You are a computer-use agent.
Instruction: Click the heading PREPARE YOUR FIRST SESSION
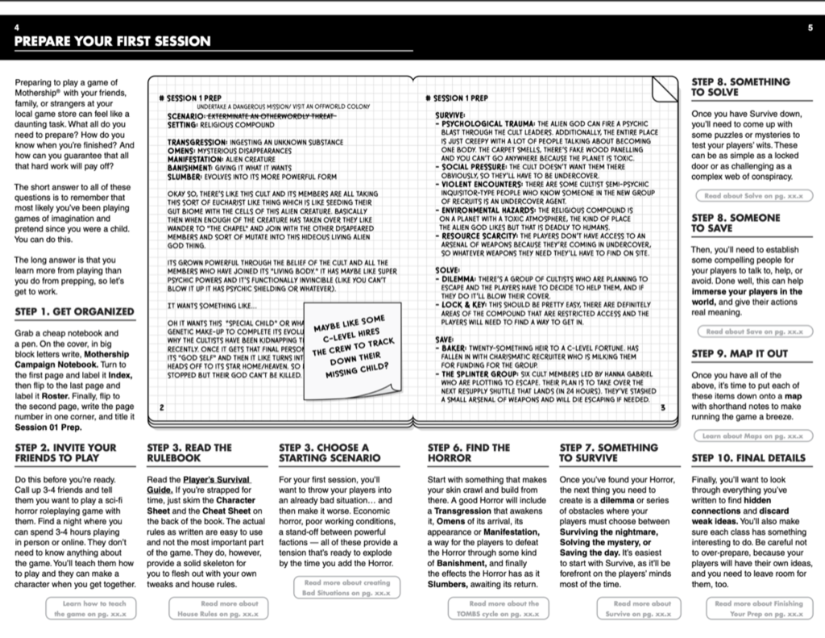point(113,41)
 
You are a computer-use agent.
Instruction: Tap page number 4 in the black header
point(17,27)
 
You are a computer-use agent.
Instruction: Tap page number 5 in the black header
point(810,27)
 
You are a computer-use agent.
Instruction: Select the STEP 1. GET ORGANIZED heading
point(75,311)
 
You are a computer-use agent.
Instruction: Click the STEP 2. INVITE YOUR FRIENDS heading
point(66,452)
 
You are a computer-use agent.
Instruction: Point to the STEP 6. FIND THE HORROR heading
point(469,452)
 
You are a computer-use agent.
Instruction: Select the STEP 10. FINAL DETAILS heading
point(748,458)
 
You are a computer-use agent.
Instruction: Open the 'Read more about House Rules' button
point(218,608)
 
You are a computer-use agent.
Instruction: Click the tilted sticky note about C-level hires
point(349,347)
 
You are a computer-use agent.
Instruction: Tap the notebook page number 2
point(161,407)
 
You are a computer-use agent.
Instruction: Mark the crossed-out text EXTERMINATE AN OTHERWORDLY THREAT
point(264,116)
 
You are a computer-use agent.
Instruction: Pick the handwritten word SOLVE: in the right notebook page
point(448,270)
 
